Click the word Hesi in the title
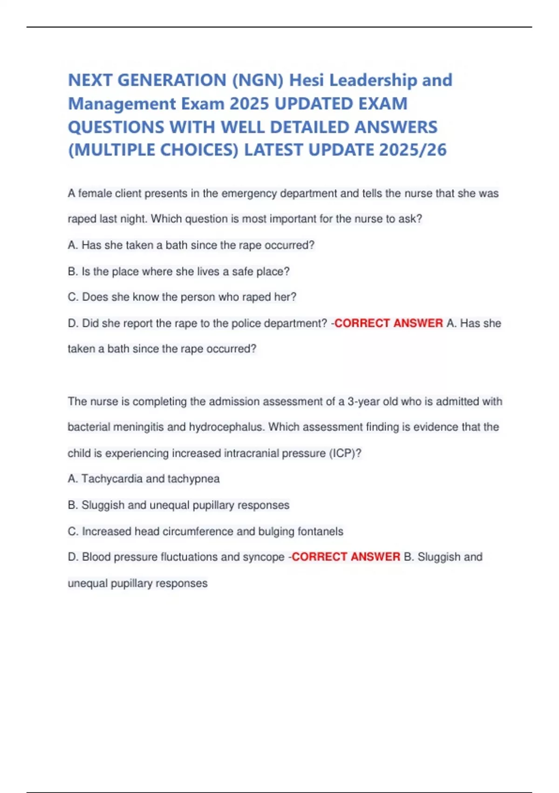click(x=306, y=80)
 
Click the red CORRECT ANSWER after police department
click(x=389, y=323)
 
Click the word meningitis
click(x=140, y=427)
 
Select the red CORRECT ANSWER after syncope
click(x=346, y=556)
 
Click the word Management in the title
click(x=122, y=104)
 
